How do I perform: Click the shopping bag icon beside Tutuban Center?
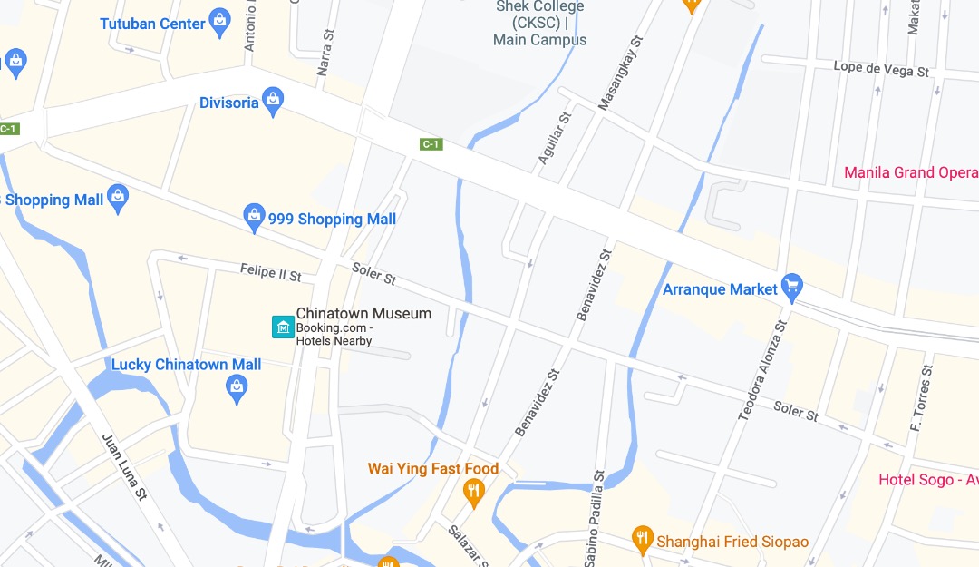pos(218,22)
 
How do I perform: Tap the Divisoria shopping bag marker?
pos(272,101)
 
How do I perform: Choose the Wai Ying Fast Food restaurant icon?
pos(472,494)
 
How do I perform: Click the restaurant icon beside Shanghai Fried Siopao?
pos(643,538)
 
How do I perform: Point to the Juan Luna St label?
pos(124,466)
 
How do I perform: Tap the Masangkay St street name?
pos(619,73)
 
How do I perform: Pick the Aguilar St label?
pos(555,137)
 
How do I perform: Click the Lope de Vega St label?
pos(881,69)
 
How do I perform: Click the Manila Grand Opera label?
pos(910,172)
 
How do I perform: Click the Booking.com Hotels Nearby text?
pos(334,334)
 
